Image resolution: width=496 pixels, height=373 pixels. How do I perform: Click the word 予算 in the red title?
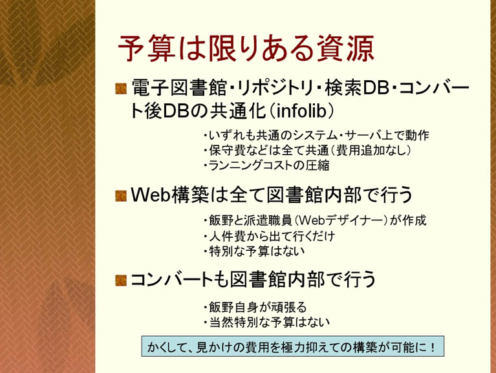pos(147,48)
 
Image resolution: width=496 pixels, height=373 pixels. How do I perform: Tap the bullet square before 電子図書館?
pos(121,89)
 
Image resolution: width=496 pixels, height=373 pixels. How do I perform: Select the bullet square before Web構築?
pos(121,196)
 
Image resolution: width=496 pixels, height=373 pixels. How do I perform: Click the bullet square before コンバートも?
pos(121,280)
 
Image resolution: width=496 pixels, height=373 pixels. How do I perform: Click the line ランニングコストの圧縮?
pos(269,165)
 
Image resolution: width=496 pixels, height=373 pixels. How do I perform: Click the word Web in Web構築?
pos(151,195)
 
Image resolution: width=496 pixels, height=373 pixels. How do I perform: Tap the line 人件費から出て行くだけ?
pos(272,236)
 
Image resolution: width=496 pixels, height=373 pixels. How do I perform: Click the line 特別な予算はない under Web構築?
pos(257,251)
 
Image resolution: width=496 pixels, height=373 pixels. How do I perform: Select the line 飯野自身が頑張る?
pos(257,307)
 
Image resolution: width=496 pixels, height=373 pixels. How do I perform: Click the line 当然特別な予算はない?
pos(269,323)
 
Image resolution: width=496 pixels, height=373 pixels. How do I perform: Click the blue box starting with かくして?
pos(292,346)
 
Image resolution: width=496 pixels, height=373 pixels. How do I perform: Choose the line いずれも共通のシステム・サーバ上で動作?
pos(319,135)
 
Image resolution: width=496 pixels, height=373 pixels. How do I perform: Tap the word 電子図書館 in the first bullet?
pos(179,88)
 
